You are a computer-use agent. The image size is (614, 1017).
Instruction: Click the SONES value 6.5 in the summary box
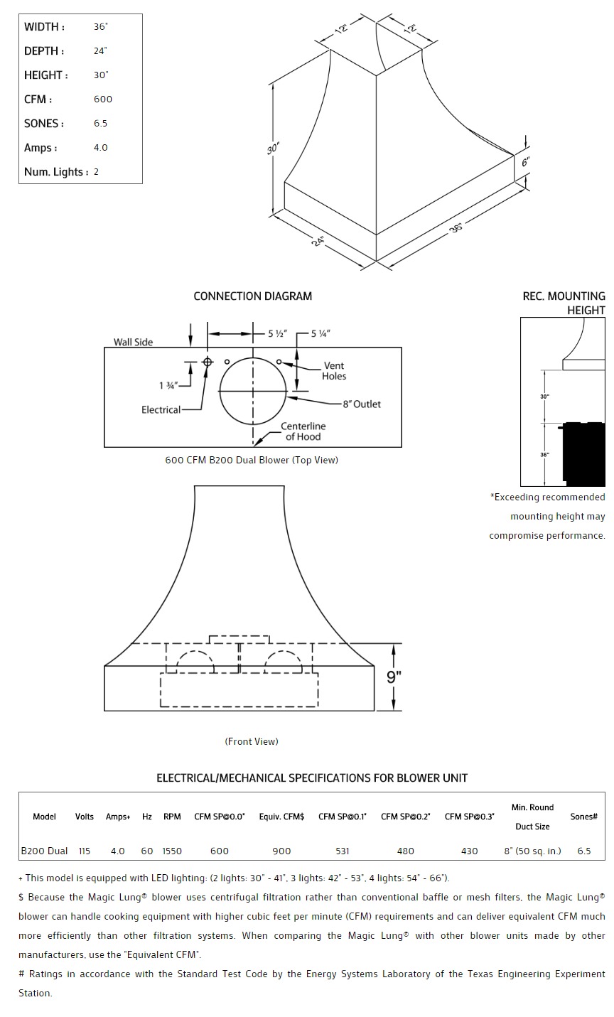[x=100, y=124]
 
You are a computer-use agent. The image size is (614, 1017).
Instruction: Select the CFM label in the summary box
[x=38, y=99]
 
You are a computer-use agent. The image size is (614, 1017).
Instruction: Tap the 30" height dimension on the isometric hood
[x=274, y=149]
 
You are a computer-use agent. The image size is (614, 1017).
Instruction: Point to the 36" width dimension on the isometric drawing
[x=456, y=227]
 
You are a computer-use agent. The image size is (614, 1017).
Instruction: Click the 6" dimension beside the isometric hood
[x=526, y=163]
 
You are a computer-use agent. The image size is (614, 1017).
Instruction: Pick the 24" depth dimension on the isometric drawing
[x=318, y=241]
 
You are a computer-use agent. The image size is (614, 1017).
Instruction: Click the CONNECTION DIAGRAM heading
[x=252, y=296]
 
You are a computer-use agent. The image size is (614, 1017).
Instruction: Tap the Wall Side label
[x=133, y=343]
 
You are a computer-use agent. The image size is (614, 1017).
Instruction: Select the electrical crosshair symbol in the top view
[x=208, y=362]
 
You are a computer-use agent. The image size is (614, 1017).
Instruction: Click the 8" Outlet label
[x=362, y=404]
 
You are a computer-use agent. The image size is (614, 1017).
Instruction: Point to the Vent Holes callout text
[x=333, y=371]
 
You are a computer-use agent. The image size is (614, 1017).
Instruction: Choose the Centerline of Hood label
[x=303, y=431]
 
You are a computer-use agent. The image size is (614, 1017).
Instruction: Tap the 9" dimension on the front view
[x=394, y=677]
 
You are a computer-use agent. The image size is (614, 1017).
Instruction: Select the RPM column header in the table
[x=172, y=817]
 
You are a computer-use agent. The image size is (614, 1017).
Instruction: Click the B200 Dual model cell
[x=44, y=851]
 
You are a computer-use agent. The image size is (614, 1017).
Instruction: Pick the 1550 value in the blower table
[x=172, y=851]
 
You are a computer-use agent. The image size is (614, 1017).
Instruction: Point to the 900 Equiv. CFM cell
[x=281, y=851]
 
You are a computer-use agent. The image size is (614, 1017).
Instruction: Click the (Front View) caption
[x=252, y=742]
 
